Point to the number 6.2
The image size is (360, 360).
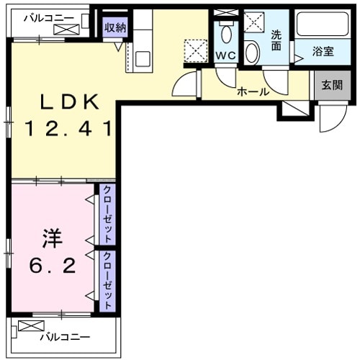(x=52, y=266)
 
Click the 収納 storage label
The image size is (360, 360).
(x=115, y=27)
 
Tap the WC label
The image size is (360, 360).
(x=226, y=56)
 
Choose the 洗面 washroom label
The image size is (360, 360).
(x=276, y=40)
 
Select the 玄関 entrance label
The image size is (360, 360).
(x=331, y=85)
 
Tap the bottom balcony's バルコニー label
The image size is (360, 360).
(x=65, y=336)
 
